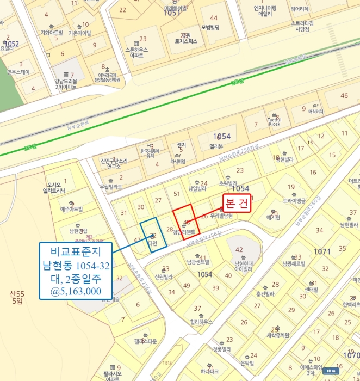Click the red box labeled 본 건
[237, 202]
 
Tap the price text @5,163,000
[76, 291]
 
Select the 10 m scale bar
[330, 371]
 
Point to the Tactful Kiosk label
[274, 121]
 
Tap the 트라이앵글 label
[294, 201]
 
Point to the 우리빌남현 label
[221, 216]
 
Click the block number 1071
[322, 251]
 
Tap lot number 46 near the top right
[344, 96]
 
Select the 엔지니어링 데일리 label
[265, 11]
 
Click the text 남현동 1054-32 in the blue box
[76, 266]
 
